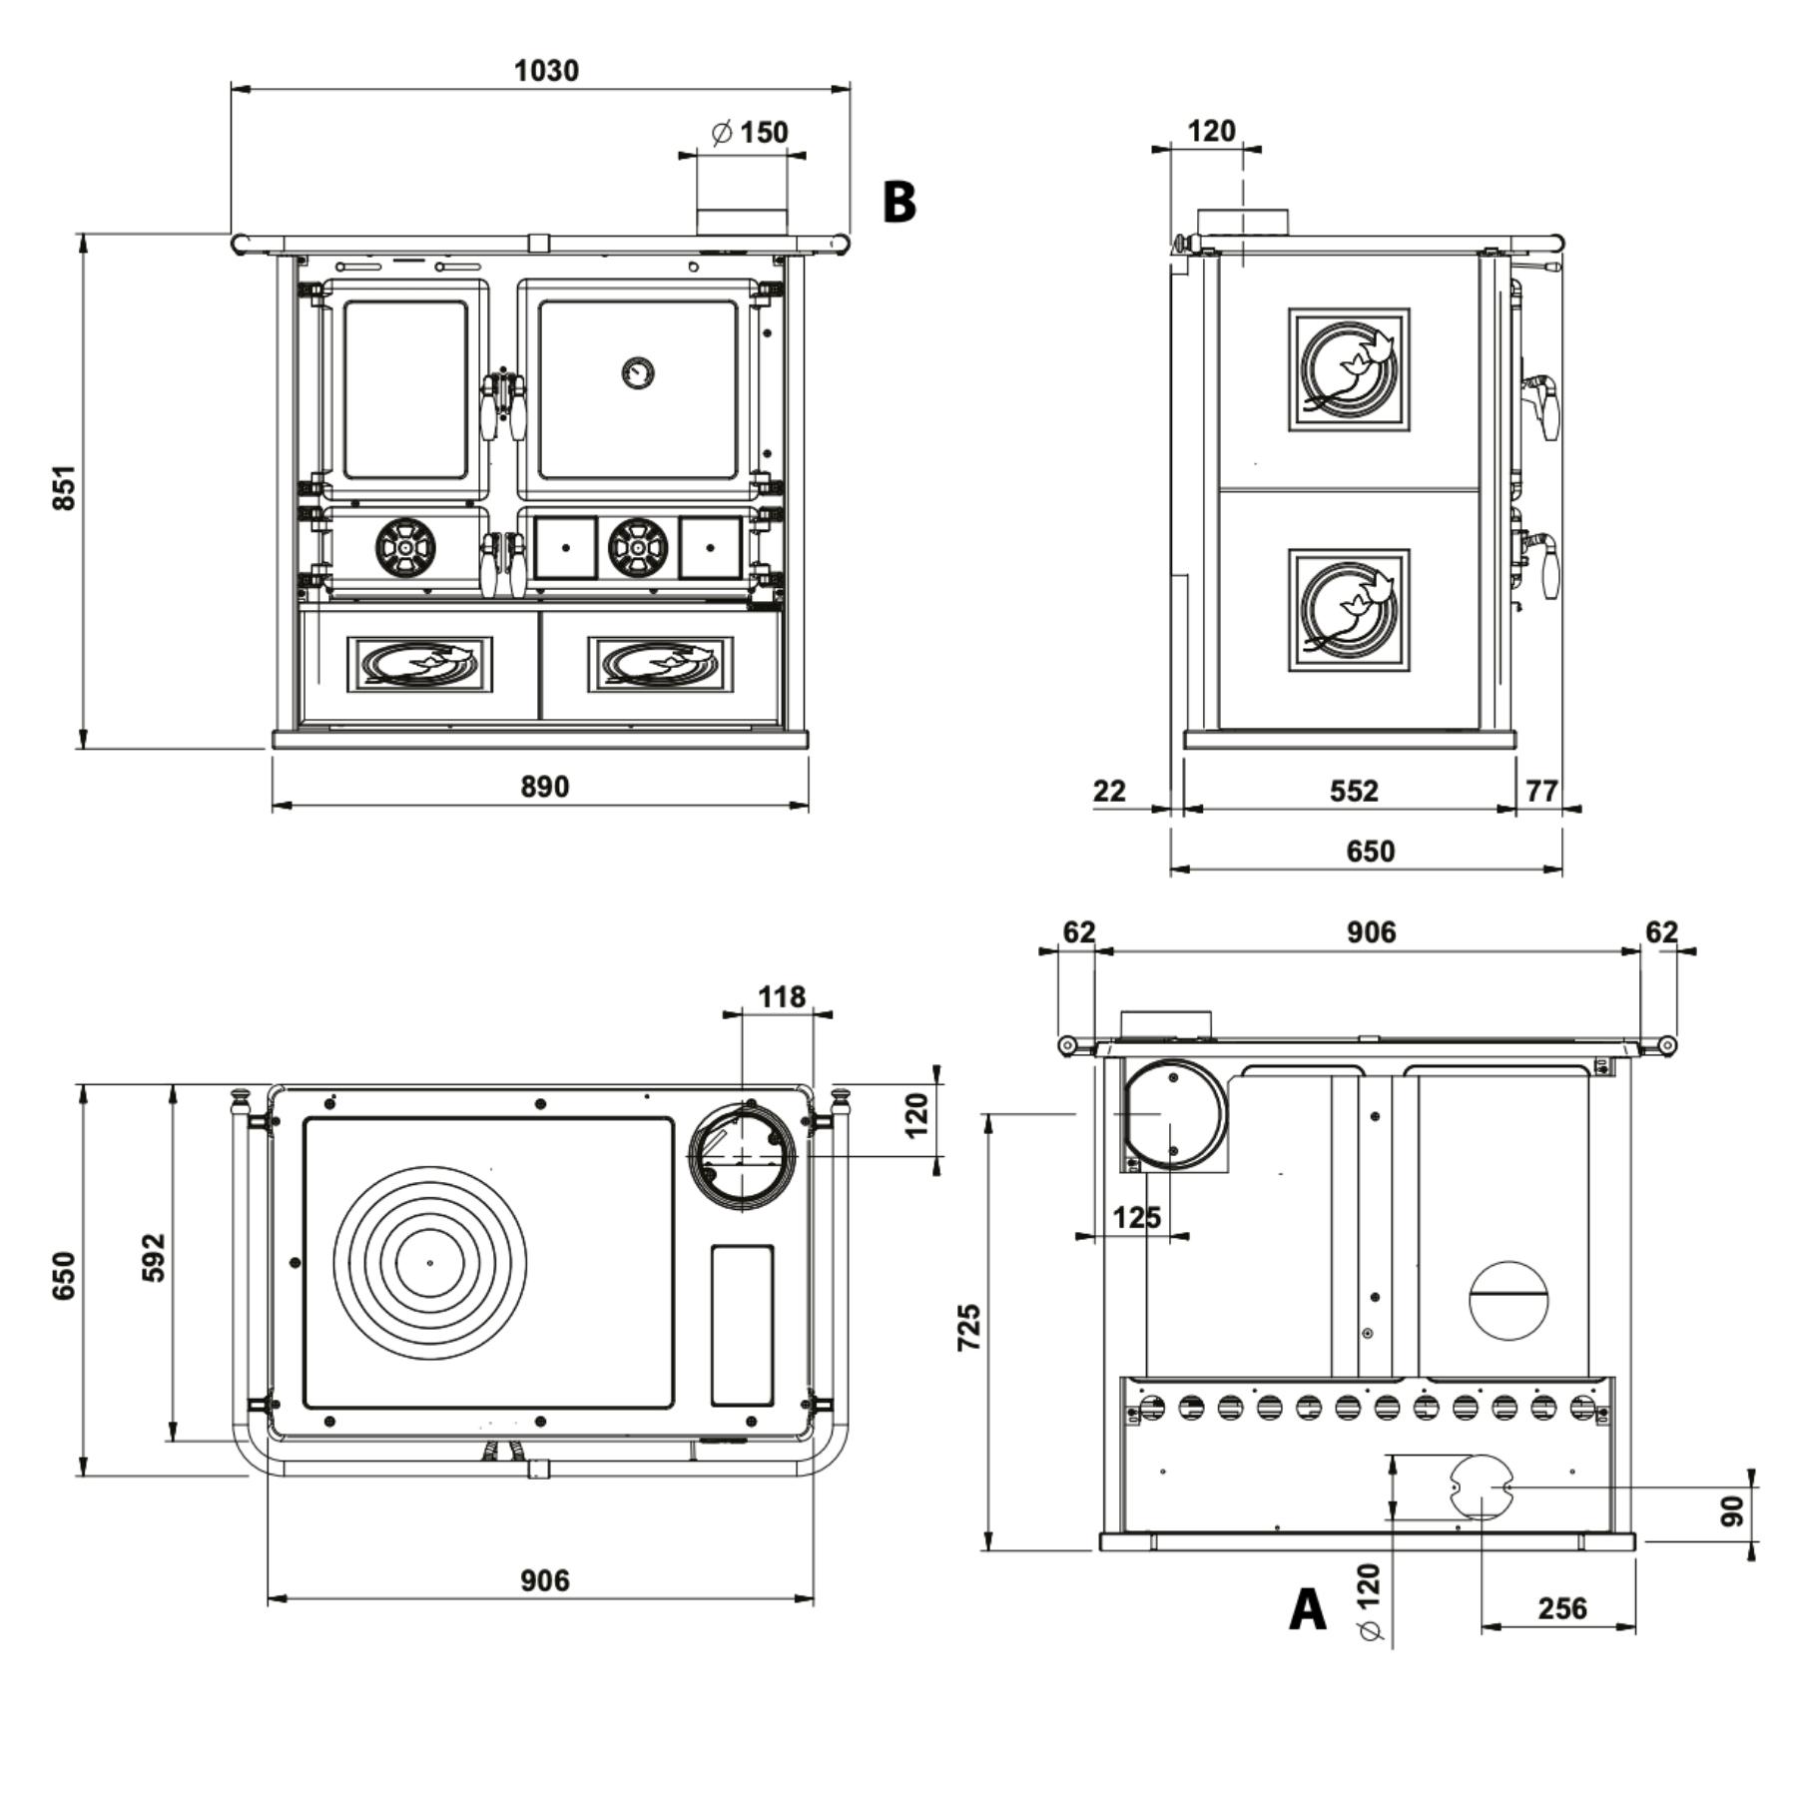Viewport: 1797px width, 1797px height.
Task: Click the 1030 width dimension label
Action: [x=546, y=71]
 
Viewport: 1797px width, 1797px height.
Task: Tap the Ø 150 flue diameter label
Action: [x=750, y=132]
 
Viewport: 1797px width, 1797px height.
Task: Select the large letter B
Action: [x=899, y=202]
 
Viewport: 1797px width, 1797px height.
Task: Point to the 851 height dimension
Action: [x=63, y=487]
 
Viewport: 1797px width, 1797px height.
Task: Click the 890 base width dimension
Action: [x=545, y=787]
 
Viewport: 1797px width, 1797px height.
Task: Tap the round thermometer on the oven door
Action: [x=638, y=372]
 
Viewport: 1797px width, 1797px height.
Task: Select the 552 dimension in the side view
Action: [x=1354, y=791]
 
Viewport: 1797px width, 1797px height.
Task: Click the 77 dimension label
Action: [x=1542, y=791]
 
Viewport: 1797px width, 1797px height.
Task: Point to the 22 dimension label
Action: [x=1109, y=791]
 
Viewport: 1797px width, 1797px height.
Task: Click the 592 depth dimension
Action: [x=153, y=1258]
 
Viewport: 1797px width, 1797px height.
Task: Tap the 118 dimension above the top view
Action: [x=782, y=996]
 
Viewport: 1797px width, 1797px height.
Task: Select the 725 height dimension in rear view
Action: [x=968, y=1328]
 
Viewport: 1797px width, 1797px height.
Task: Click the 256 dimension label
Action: [x=1562, y=1608]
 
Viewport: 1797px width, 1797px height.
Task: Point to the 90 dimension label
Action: [x=1732, y=1510]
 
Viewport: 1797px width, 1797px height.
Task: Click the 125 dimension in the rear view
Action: [x=1136, y=1217]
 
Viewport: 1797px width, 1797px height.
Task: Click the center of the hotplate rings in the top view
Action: [x=430, y=1263]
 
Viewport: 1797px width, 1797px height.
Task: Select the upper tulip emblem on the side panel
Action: [x=1349, y=369]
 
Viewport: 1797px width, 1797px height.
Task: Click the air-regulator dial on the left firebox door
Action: [x=405, y=547]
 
